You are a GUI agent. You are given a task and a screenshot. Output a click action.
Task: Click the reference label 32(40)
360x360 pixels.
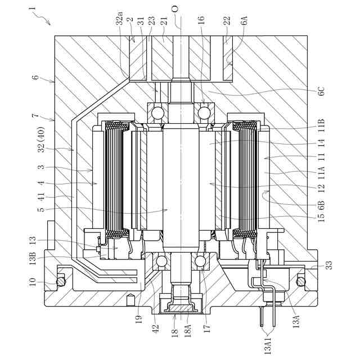click(42, 139)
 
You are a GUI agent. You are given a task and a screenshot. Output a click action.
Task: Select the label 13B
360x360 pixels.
click(33, 258)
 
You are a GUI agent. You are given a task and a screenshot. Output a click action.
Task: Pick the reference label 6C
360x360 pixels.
click(321, 91)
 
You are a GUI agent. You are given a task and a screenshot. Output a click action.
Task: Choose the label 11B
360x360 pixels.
click(321, 125)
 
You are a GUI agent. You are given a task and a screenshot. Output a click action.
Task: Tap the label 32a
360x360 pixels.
click(119, 18)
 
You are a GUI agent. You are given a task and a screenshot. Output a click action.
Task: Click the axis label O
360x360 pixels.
click(175, 9)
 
